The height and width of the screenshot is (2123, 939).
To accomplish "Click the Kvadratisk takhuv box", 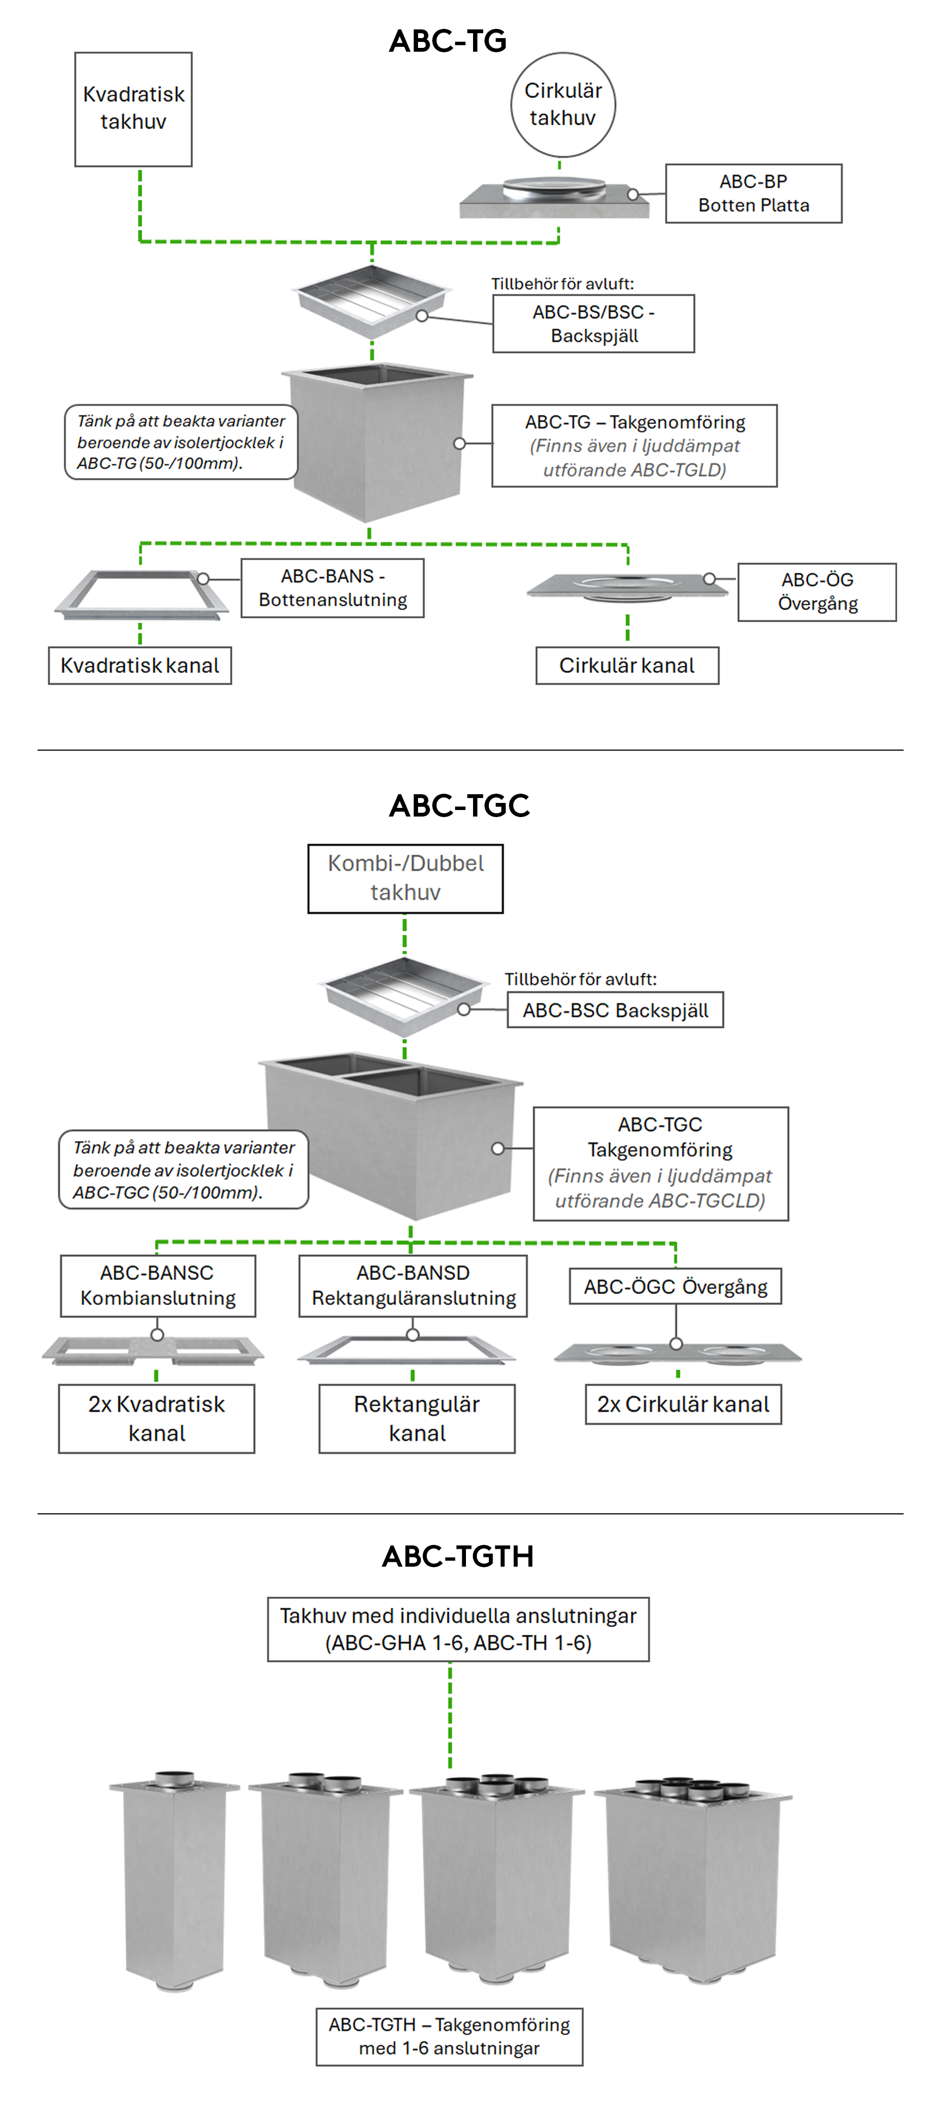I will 133,109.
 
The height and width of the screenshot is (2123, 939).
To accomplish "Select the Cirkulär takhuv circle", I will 562,105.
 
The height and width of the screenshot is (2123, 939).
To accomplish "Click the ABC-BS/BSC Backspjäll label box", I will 593,324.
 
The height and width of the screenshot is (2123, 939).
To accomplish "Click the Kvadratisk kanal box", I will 139,665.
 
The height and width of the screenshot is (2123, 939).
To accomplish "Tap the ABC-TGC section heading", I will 459,805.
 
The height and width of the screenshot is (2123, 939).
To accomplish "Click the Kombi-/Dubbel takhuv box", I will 405,878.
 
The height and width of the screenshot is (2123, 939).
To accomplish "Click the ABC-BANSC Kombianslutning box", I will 157,1285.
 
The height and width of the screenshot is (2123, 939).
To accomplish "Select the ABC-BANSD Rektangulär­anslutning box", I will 413,1285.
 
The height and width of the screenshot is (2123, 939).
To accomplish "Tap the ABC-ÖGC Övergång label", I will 674,1286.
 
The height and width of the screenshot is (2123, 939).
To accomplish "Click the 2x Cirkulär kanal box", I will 683,1403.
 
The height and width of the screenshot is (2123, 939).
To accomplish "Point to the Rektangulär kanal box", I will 416,1418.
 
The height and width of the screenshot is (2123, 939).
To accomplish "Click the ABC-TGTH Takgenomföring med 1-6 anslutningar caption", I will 449,2036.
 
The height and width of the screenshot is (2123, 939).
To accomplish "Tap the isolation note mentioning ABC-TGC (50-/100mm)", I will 183,1169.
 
